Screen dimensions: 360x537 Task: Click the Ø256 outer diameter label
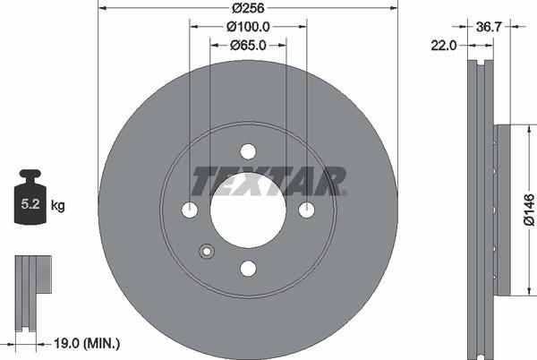248,8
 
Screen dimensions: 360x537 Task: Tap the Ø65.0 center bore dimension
248,44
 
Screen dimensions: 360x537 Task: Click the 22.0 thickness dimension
444,44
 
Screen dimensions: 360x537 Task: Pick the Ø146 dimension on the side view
529,210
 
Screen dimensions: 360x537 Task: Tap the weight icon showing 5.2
30,201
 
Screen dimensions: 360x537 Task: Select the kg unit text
58,206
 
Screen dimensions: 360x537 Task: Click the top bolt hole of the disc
248,151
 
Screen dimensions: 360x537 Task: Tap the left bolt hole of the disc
190,210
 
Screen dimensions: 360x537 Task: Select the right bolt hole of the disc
306,210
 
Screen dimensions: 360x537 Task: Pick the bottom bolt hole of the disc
248,268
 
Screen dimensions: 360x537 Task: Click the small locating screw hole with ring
208,252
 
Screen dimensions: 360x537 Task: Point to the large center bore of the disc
248,210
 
